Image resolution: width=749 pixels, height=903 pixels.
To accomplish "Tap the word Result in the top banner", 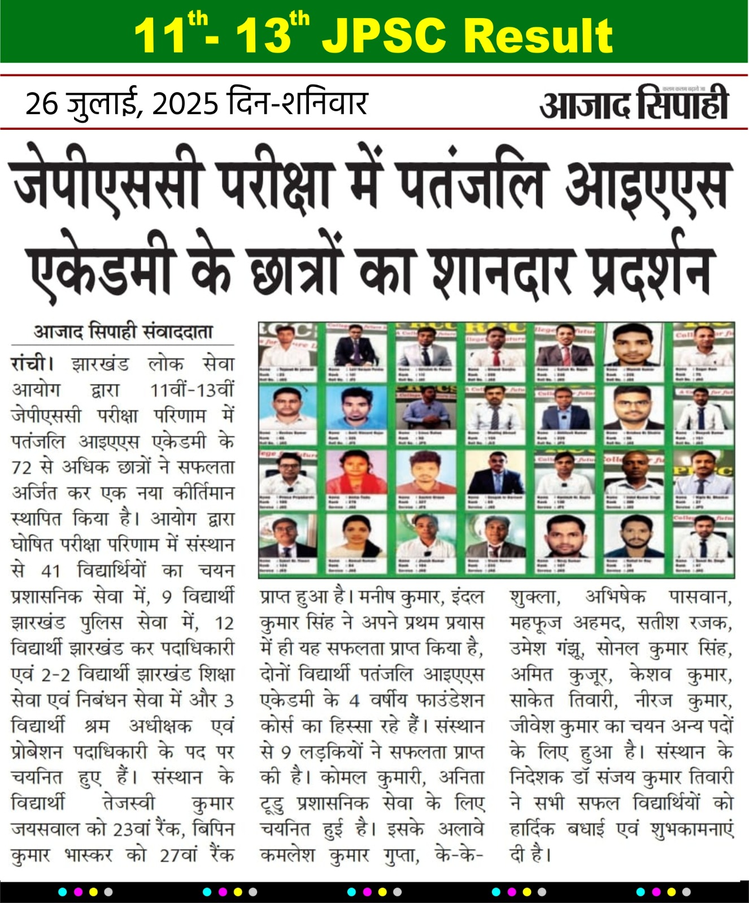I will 541,36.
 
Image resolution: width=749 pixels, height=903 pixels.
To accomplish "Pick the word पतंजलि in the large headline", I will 471,182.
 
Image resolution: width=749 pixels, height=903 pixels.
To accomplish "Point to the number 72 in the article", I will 23,467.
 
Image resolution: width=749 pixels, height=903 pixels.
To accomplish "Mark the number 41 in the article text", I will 51,571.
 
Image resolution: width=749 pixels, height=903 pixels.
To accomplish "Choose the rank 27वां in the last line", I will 178,856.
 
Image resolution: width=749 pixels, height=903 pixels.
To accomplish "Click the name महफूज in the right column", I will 537,623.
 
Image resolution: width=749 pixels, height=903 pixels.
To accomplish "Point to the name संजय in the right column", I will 633,778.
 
